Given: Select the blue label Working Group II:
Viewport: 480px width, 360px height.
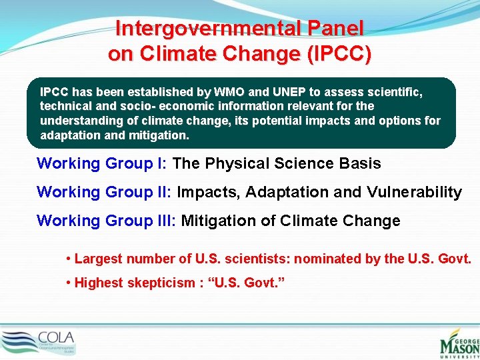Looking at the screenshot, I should (x=105, y=193).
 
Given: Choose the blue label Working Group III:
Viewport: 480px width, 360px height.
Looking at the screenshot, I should (x=107, y=221).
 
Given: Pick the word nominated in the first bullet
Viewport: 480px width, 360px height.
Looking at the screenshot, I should (x=328, y=259).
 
